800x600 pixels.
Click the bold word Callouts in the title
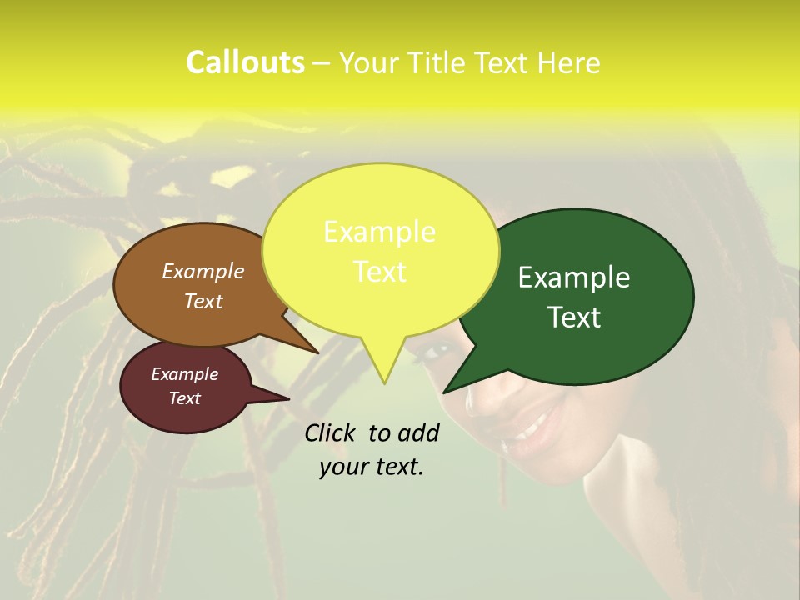pos(245,62)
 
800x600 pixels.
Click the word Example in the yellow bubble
pos(379,232)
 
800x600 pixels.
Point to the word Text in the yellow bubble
pos(380,272)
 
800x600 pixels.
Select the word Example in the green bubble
pos(574,277)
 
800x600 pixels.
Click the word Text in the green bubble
pos(575,317)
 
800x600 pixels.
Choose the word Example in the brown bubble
pos(203,271)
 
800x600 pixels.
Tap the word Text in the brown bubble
pos(203,301)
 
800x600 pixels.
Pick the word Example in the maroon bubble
pos(185,374)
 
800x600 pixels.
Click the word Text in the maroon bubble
pos(185,398)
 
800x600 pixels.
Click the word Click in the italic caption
pos(331,432)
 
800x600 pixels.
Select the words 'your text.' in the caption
pos(372,467)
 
